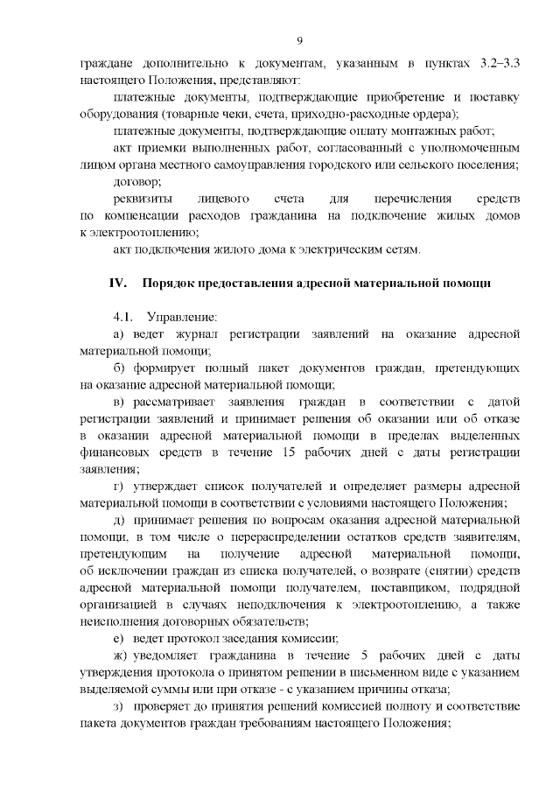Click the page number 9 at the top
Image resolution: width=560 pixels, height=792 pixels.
pyautogui.click(x=299, y=41)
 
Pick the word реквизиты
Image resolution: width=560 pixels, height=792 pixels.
pyautogui.click(x=142, y=199)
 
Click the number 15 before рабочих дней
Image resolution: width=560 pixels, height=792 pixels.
pyautogui.click(x=286, y=452)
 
